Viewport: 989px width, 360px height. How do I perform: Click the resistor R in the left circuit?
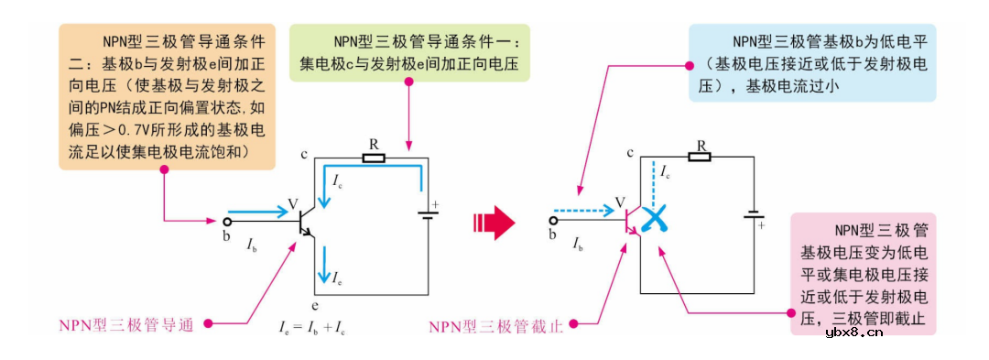pyautogui.click(x=373, y=158)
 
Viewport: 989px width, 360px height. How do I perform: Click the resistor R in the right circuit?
pyautogui.click(x=700, y=157)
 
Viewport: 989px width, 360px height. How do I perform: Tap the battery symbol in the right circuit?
pyautogui.click(x=753, y=216)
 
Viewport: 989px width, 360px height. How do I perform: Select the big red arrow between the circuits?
pyautogui.click(x=494, y=221)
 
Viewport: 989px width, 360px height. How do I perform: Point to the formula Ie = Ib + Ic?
pyautogui.click(x=311, y=325)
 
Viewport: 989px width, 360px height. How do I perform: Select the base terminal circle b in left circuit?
pyautogui.click(x=225, y=222)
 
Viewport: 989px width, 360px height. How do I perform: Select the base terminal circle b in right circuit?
pyautogui.click(x=552, y=221)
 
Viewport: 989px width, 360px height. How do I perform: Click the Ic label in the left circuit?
pyautogui.click(x=338, y=179)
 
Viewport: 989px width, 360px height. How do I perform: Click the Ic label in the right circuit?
pyautogui.click(x=666, y=174)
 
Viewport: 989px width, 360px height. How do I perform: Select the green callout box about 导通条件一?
pyautogui.click(x=409, y=53)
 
